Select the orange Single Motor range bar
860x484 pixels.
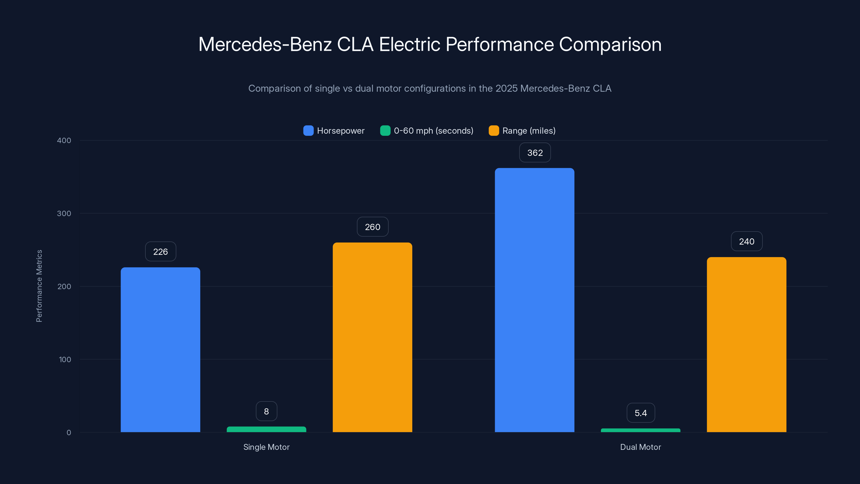click(372, 337)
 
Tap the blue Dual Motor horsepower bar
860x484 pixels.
click(535, 300)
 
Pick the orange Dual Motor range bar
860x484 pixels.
click(747, 344)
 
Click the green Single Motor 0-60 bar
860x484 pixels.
click(266, 429)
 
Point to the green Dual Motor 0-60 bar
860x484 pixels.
click(640, 430)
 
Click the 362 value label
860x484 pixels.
click(535, 153)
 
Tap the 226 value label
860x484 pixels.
click(160, 251)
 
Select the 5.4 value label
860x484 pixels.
click(640, 413)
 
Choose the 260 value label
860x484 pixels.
click(372, 227)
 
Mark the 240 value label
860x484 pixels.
click(747, 241)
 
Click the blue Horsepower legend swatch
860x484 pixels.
click(308, 131)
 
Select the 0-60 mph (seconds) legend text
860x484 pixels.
click(433, 131)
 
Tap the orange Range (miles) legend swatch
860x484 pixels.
click(493, 131)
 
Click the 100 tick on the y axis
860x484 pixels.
click(65, 360)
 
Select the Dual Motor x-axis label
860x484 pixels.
click(640, 447)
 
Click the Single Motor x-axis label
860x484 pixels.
click(266, 447)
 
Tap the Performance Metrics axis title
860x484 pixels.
click(39, 286)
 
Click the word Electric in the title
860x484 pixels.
click(409, 44)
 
